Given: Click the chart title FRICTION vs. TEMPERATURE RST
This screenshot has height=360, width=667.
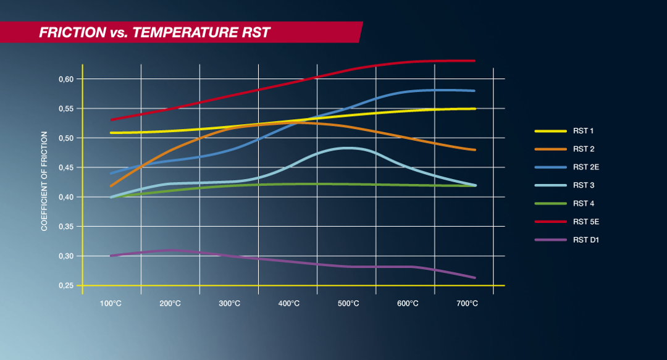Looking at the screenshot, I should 154,33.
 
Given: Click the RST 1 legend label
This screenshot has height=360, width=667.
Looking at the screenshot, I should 583,131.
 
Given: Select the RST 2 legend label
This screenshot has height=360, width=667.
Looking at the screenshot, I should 583,149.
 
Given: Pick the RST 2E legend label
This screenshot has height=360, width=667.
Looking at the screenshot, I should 585,167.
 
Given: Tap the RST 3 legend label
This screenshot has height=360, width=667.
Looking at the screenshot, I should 583,185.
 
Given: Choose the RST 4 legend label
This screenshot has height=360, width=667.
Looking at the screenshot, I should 583,203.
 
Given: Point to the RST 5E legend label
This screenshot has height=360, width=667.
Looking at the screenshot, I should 585,221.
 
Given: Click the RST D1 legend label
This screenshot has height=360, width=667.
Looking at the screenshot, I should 585,239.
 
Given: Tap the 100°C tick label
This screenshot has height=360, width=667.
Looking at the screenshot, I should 111,303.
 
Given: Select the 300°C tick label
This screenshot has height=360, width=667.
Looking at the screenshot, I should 230,303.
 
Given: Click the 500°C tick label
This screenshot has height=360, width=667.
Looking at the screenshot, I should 348,303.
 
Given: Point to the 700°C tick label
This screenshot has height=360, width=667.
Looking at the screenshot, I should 467,303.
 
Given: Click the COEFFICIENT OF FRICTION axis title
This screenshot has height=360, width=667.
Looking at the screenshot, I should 44,181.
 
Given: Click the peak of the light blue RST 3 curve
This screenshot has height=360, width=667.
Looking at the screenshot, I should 348,148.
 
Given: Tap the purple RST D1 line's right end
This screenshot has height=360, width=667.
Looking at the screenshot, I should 475,278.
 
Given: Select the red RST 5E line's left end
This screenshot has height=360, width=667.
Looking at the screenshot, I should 111,120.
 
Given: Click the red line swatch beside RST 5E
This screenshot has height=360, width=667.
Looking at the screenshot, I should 550,221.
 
